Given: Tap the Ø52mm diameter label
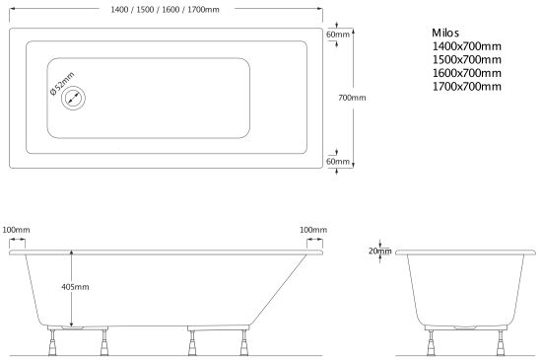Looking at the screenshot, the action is [x=62, y=84].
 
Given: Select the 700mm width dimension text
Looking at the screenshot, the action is [x=352, y=98].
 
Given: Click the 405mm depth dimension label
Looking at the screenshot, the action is [x=75, y=287].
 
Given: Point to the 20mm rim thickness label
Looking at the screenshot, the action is [x=379, y=252].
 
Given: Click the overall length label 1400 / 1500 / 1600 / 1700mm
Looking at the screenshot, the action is [x=165, y=10].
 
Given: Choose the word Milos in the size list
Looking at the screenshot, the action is [x=445, y=33].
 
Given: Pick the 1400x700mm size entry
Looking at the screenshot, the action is [x=467, y=46].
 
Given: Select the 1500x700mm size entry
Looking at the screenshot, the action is [x=467, y=59].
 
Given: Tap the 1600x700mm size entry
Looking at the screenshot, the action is [x=467, y=73].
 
